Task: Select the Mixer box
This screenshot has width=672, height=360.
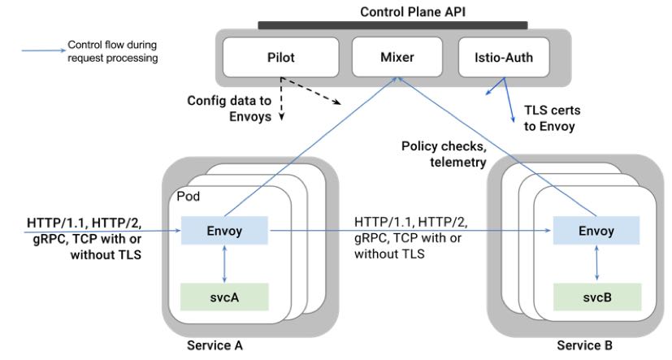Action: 397,58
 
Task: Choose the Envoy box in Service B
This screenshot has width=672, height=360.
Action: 596,231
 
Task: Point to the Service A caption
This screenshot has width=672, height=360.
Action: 215,345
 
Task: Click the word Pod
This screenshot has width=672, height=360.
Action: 189,197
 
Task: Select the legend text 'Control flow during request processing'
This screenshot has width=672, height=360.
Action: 112,51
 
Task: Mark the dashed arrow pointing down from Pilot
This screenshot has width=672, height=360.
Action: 281,102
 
